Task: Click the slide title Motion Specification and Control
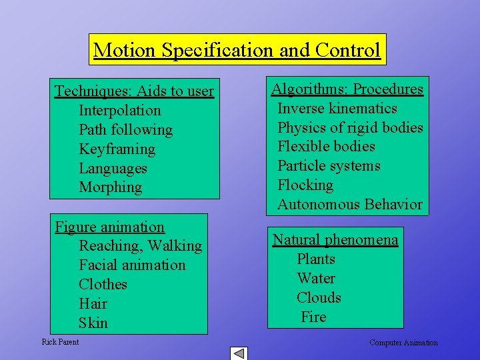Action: (237, 50)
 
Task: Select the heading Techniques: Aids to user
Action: (134, 91)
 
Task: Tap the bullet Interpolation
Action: (120, 111)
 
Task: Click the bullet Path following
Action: (125, 130)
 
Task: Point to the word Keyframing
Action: (117, 149)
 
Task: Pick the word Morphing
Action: (110, 187)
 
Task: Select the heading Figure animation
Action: (109, 227)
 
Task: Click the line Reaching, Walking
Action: (140, 246)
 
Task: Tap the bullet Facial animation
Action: (132, 265)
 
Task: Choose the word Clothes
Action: (103, 285)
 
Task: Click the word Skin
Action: (93, 323)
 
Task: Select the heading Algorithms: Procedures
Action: (347, 89)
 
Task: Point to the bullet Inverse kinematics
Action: (337, 109)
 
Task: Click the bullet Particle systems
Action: (329, 166)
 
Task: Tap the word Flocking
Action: (305, 185)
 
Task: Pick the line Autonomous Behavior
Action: (349, 205)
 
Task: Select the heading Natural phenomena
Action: (335, 240)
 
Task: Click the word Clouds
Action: (319, 298)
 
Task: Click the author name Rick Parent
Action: (60, 342)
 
